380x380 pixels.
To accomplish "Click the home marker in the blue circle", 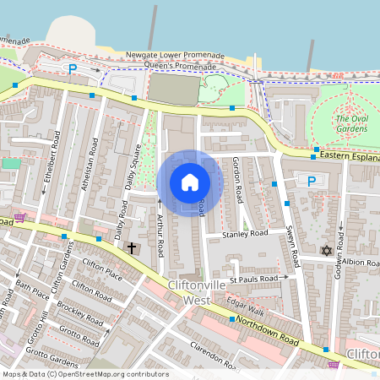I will click(x=190, y=182).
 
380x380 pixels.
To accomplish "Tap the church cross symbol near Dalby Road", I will click(x=131, y=248).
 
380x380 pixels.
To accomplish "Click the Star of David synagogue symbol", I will click(x=327, y=251).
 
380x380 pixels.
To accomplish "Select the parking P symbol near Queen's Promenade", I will click(x=73, y=68).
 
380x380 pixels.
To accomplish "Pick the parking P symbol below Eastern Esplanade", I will click(x=311, y=181).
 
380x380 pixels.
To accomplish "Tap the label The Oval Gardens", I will click(x=352, y=124).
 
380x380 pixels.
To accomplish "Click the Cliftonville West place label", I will click(x=197, y=292).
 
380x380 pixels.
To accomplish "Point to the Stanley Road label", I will click(x=245, y=233).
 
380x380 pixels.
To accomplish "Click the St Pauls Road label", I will click(x=253, y=278).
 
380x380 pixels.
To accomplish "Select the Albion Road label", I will click(x=361, y=262).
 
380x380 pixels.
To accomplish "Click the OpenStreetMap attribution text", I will click(x=85, y=373).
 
